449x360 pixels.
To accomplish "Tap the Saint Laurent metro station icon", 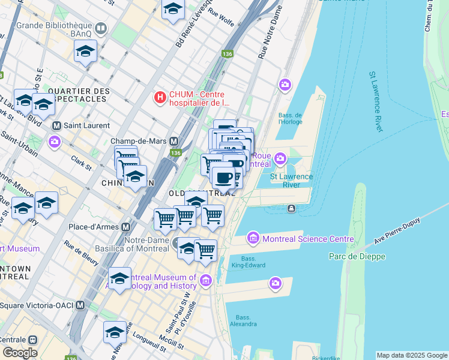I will [57, 125].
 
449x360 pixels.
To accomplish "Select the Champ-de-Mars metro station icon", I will [174, 141].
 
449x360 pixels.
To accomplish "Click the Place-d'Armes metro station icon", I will [126, 227].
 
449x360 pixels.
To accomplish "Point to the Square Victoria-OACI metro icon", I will [93, 305].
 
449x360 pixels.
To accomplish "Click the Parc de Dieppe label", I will [357, 256].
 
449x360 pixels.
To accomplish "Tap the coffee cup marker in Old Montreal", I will [224, 177].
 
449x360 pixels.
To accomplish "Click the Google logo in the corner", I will [19, 353].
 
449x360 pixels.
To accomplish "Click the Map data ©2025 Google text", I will [412, 355].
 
